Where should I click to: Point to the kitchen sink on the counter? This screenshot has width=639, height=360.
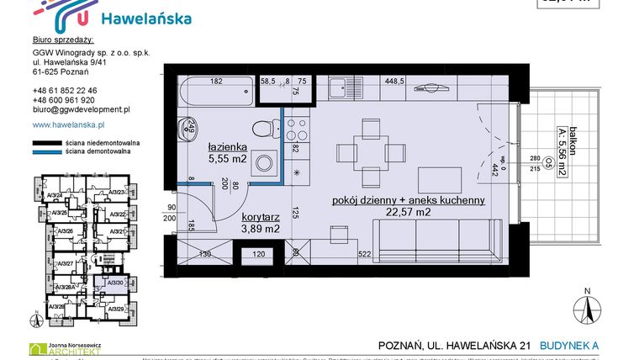[340, 86]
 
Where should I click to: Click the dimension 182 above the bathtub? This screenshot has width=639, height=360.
[216, 82]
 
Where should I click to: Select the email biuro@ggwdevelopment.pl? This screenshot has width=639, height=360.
[80, 109]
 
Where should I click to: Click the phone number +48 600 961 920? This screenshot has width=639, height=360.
[64, 99]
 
